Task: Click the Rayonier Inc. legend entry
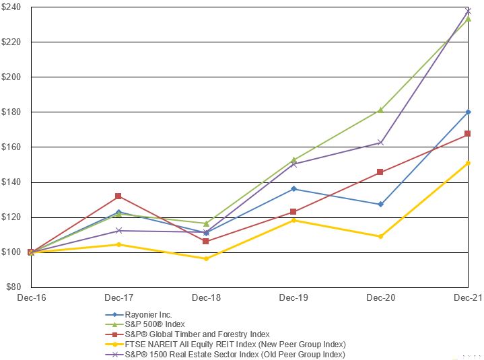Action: click(x=138, y=315)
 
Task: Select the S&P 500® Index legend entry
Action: click(x=145, y=324)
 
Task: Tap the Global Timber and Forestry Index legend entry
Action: click(x=187, y=334)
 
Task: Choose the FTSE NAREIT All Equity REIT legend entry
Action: click(x=225, y=345)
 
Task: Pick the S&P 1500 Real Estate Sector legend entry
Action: click(x=225, y=355)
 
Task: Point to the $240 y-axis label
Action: click(x=11, y=7)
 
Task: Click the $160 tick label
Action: click(x=11, y=147)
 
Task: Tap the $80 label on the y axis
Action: click(x=14, y=287)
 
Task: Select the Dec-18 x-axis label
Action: click(x=206, y=297)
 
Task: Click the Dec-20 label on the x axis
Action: click(x=380, y=297)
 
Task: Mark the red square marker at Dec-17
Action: click(x=118, y=196)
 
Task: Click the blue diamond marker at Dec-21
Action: click(x=468, y=112)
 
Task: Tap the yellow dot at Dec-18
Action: click(x=206, y=258)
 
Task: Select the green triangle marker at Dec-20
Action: click(x=380, y=110)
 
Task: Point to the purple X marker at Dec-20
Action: click(x=380, y=143)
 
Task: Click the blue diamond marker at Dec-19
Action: click(x=293, y=189)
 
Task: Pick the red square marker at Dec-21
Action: click(x=468, y=134)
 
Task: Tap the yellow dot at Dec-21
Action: click(x=468, y=164)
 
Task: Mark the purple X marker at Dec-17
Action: click(x=119, y=231)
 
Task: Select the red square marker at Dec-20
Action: click(x=380, y=172)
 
